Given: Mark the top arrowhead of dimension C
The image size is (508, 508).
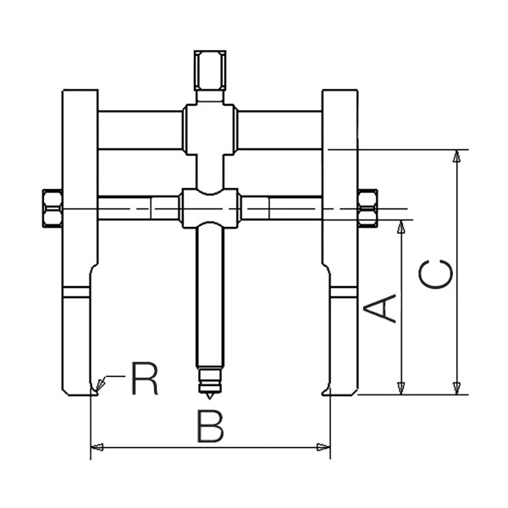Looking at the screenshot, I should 457,156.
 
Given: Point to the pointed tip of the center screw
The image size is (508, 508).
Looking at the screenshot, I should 207,396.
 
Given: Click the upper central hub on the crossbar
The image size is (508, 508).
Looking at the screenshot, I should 207,127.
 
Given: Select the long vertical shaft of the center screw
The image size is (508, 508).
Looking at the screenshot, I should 207,296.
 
